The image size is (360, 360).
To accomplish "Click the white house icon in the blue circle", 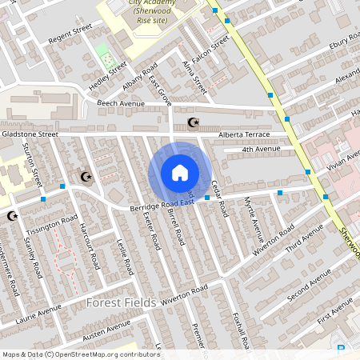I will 179,172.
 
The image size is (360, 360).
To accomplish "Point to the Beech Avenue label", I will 120,104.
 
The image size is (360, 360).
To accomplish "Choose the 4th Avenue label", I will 262,150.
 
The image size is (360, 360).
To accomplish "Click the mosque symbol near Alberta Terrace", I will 191,122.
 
